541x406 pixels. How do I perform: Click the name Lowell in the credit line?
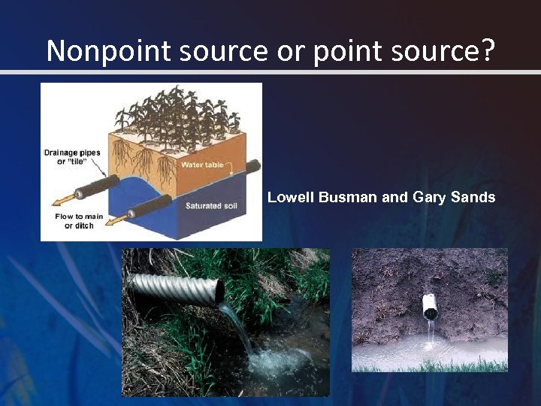point(292,198)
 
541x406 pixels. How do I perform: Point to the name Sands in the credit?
point(473,198)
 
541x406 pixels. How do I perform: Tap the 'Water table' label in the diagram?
point(202,164)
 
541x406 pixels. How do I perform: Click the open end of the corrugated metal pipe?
point(218,291)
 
